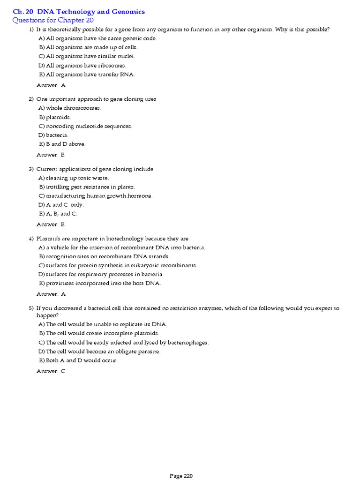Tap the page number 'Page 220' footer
(181, 476)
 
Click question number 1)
(31, 30)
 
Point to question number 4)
(31, 239)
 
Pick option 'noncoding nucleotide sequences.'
(89, 126)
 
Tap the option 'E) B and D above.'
(62, 144)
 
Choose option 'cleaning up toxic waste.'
(77, 178)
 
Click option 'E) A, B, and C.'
(59, 214)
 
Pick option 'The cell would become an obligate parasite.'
(103, 352)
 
